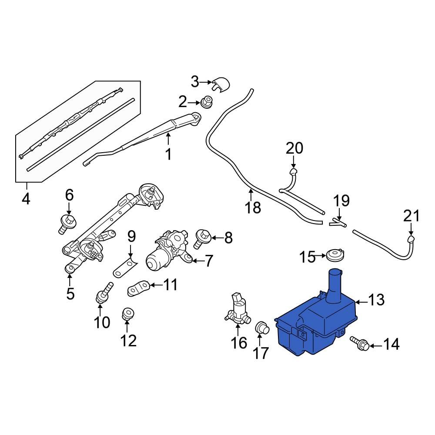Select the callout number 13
pos(377,300)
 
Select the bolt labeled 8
pos(203,238)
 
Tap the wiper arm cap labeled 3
pos(221,84)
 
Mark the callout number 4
pos(26,199)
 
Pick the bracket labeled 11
pos(139,288)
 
